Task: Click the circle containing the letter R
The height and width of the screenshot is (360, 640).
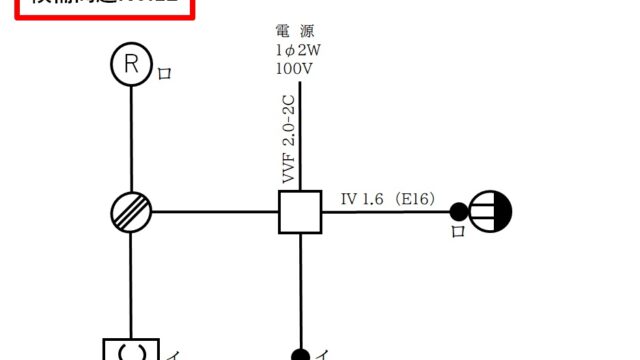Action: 131,66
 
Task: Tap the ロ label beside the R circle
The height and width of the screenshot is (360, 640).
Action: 164,74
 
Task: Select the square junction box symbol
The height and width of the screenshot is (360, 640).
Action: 300,211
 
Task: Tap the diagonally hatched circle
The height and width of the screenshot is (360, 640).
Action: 131,211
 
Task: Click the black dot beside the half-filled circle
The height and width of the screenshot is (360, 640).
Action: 458,211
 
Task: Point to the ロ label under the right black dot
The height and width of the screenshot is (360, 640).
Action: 458,232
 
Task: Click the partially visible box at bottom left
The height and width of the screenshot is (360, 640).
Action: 131,349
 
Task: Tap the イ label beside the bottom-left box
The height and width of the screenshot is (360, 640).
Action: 172,353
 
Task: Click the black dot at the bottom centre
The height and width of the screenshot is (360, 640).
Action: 300,353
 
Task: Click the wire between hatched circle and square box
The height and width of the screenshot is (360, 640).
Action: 215,211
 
